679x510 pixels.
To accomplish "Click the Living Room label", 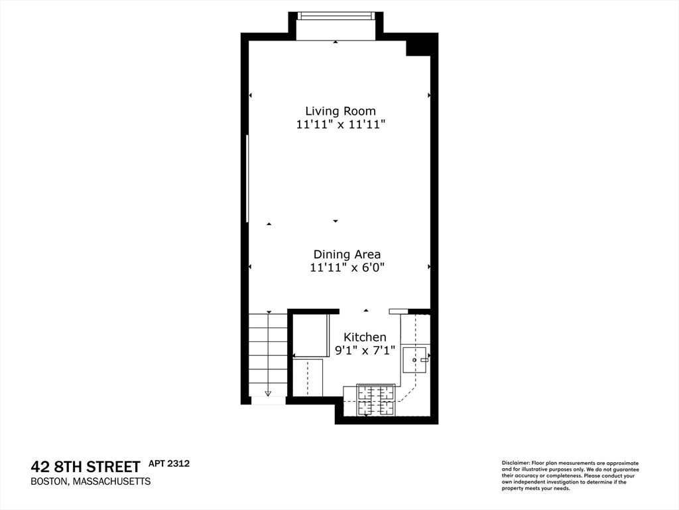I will point(340,111).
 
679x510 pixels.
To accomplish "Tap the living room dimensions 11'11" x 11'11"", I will point(340,124).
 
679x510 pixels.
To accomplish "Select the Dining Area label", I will point(347,254).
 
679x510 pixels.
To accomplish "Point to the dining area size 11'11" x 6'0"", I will point(347,268).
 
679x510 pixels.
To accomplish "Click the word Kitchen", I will point(364,337).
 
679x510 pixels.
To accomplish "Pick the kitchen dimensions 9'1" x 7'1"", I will point(364,351).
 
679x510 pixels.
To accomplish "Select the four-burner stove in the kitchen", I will point(376,400).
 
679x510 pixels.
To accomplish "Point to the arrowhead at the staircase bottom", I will point(269,393).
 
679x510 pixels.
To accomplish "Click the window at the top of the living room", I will point(336,16).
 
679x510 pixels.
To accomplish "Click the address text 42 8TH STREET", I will point(86,466).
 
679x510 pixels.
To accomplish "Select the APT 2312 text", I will point(168,464).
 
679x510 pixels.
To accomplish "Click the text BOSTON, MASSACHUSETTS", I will point(91,481).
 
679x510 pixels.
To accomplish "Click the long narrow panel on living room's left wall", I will point(247,178).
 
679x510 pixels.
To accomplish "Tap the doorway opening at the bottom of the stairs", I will point(268,400).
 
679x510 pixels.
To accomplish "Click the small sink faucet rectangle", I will point(424,359).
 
